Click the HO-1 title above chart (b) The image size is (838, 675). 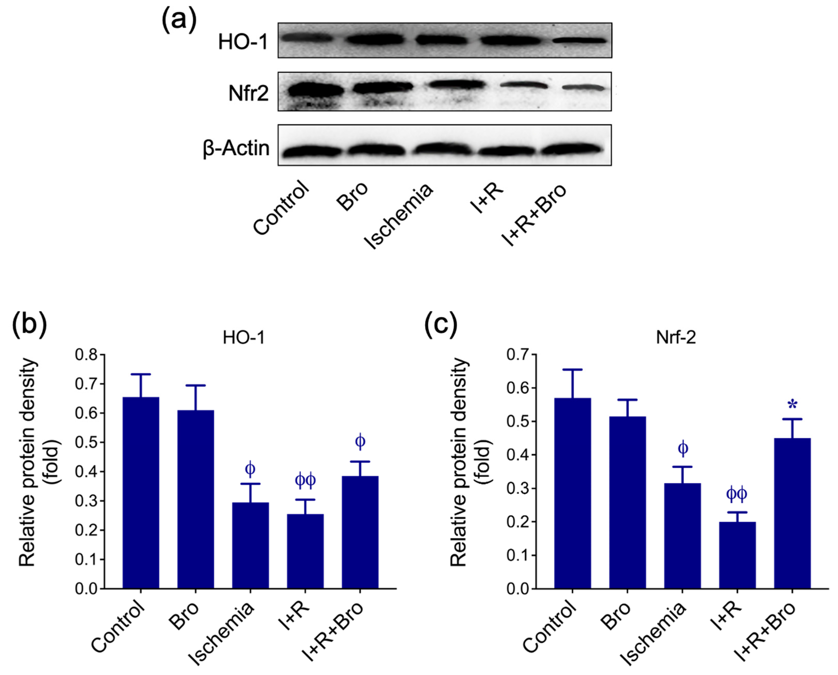(x=244, y=338)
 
